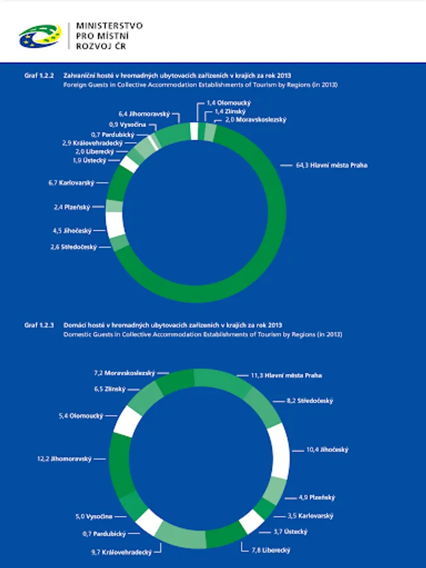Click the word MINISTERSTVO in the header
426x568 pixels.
(x=109, y=26)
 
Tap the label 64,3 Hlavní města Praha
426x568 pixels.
(x=331, y=165)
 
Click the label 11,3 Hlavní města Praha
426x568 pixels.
(x=286, y=375)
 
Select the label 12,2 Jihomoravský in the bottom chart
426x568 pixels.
(x=64, y=459)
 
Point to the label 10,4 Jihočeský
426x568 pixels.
(x=327, y=450)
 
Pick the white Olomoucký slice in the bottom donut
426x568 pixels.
(x=126, y=420)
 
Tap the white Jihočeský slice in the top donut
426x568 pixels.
(x=115, y=224)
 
